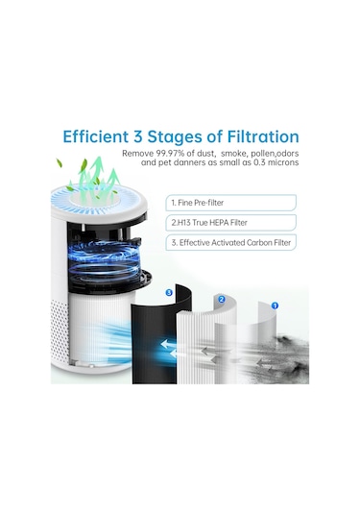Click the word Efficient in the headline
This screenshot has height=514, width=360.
[95, 136]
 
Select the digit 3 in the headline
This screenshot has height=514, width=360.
[137, 136]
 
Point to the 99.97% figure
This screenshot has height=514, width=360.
[169, 154]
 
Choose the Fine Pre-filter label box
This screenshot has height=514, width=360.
[231, 203]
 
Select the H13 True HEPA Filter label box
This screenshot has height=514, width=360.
[231, 223]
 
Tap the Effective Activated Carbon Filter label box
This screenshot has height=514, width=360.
[231, 242]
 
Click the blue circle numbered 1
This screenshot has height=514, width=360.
[275, 306]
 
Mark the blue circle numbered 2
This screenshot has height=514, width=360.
[222, 300]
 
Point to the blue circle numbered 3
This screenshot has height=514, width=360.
[169, 292]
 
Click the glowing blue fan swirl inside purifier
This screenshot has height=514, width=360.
[106, 260]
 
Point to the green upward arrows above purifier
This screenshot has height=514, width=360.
[97, 177]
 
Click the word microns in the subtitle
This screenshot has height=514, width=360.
[283, 162]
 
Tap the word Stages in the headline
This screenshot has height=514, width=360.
[175, 137]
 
